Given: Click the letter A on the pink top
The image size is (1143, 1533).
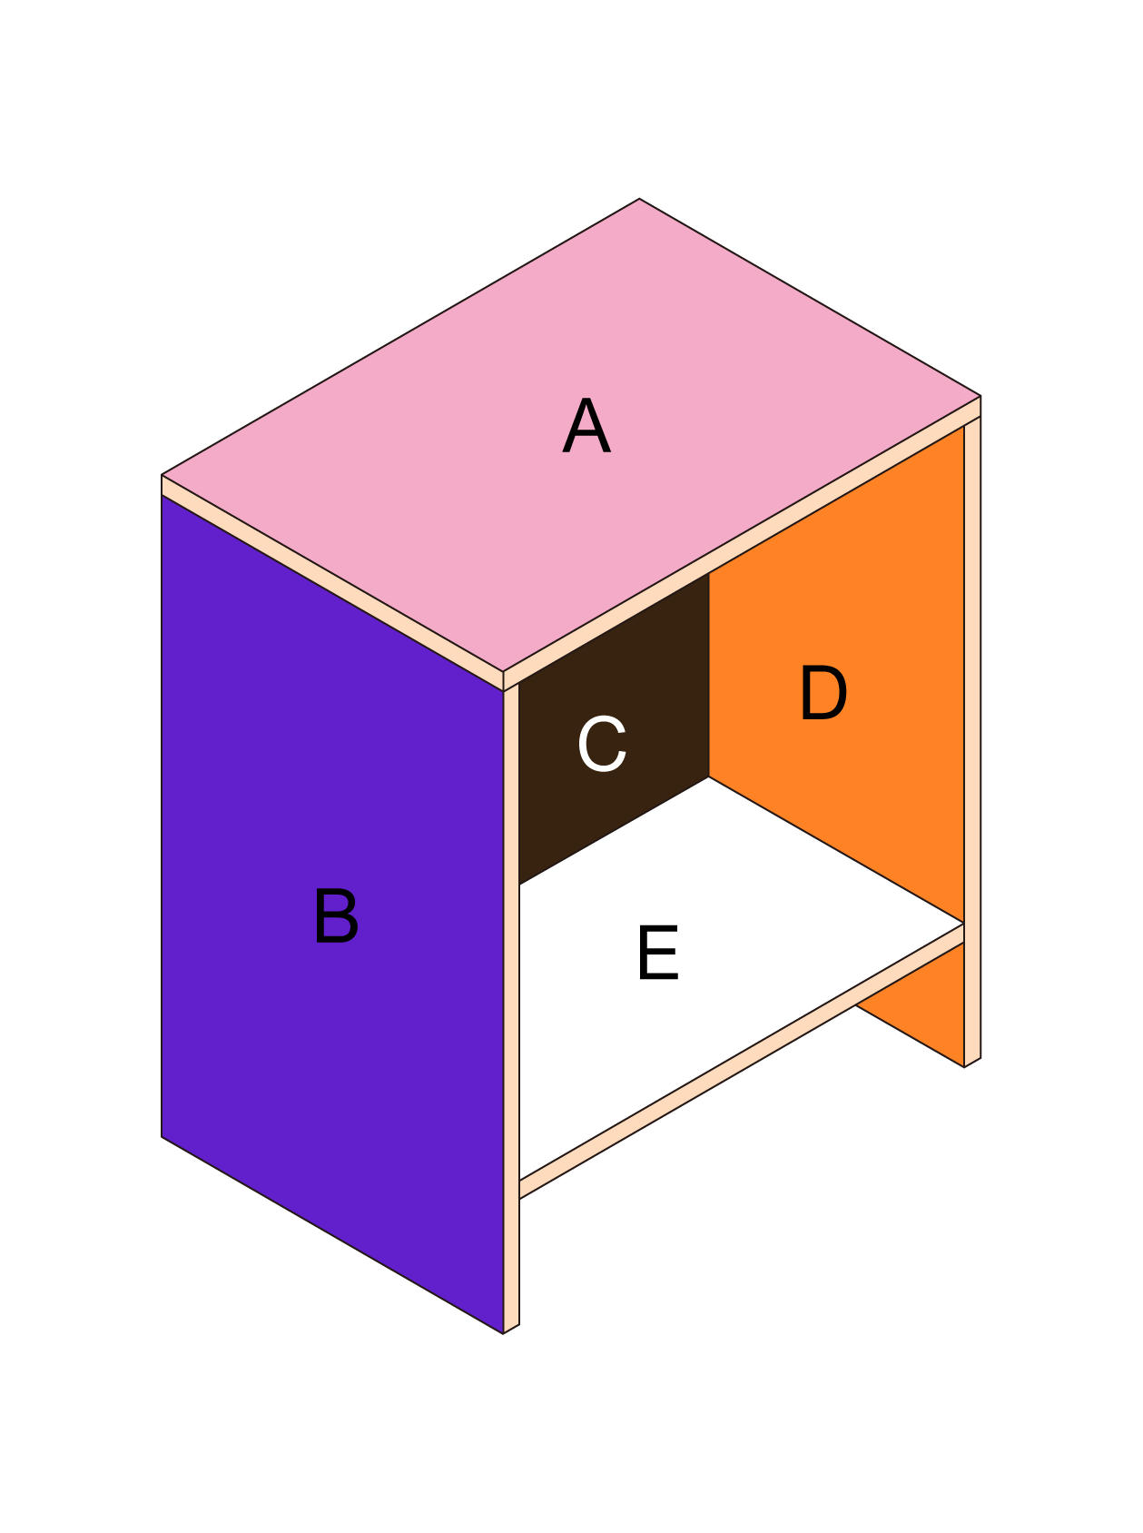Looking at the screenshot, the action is point(586,426).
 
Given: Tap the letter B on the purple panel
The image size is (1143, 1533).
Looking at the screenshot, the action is point(336,916).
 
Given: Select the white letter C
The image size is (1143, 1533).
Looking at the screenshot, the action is point(602,744).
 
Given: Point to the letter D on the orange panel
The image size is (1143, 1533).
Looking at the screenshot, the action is point(823,693).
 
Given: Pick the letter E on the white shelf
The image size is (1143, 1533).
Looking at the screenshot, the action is point(658,953).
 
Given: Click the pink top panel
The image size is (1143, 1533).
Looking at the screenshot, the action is point(571,435).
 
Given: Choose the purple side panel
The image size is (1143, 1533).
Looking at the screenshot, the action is point(332,914).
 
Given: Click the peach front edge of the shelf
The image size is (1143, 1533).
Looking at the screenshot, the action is point(741,1062).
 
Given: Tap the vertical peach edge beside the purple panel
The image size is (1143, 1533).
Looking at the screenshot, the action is point(511,1008).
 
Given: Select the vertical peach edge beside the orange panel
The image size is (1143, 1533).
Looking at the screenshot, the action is point(972,740).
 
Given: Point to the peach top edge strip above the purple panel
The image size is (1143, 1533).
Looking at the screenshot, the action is point(332,583).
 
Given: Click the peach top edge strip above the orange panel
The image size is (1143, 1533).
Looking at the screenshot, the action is point(742,543).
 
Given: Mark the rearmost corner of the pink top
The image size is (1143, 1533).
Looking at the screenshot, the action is point(639,199).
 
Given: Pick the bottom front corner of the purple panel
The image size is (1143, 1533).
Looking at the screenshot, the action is point(503,1333).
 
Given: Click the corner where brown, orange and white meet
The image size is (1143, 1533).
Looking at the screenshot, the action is point(709,776).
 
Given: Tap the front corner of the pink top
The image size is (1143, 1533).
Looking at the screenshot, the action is point(503,672).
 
